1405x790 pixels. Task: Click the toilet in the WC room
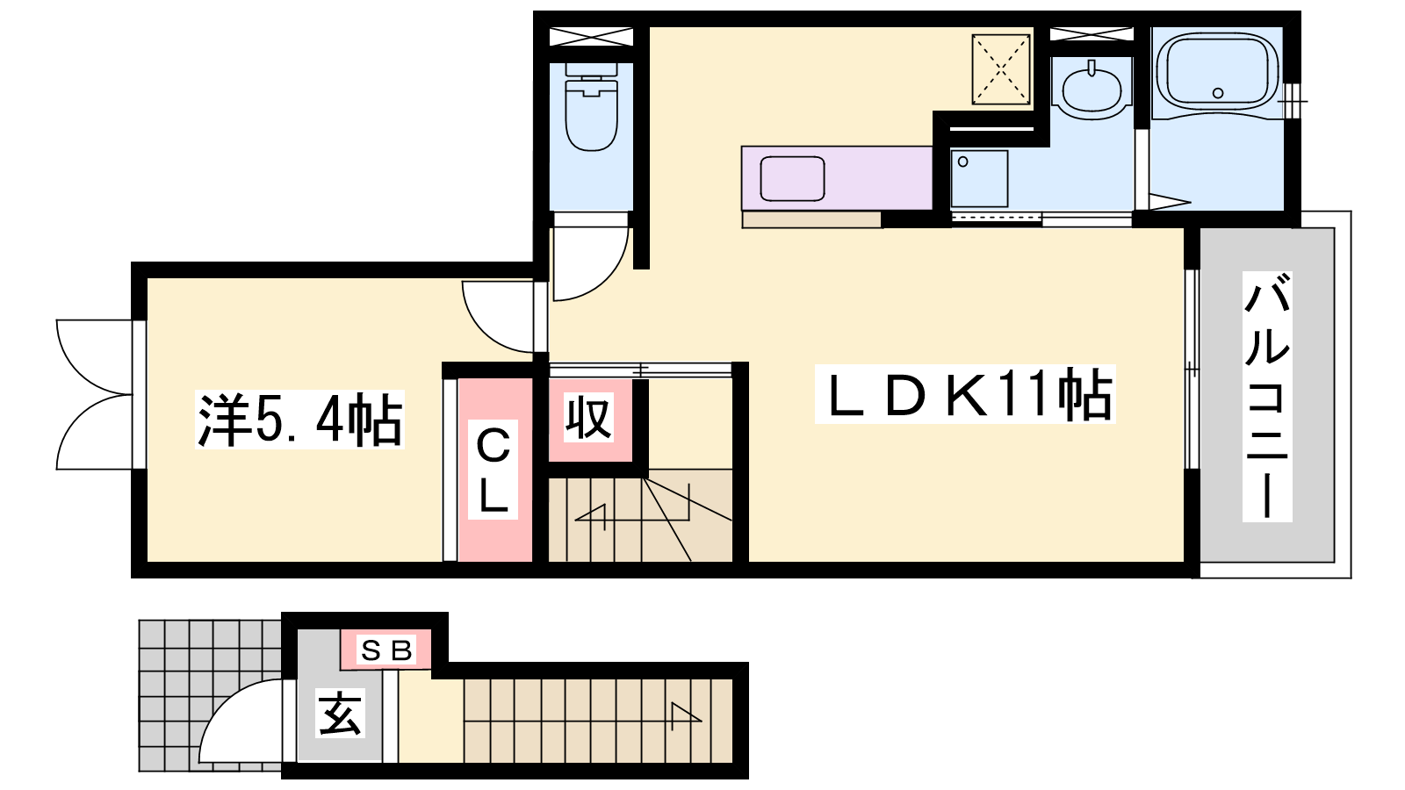point(591,106)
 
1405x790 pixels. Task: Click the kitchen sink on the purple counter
point(792,179)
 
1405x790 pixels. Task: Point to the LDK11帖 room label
point(965,394)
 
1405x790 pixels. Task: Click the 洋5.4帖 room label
point(299,420)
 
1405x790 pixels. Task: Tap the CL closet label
point(493,469)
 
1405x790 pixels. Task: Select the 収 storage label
point(587,418)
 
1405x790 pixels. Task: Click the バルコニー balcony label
point(1267,396)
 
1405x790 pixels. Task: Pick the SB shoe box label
point(386,650)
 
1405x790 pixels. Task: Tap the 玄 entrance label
point(340,714)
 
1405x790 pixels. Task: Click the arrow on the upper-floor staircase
point(633,514)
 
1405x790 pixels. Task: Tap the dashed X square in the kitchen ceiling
point(1001,69)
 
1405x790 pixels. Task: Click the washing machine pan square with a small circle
point(979,179)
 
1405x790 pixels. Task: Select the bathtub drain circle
point(1218,93)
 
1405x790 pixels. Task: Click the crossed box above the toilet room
point(591,36)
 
